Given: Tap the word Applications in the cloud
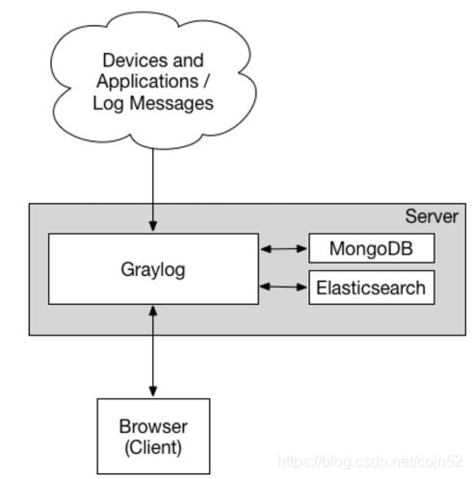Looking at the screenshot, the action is (147, 82).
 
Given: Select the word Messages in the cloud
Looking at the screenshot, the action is (171, 103).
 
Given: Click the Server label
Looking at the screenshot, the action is (432, 216).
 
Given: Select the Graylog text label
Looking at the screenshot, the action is (153, 270).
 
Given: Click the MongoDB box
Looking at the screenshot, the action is (372, 248).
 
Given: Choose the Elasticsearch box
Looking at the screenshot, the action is (372, 288).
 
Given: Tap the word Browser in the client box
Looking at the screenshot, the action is (153, 427).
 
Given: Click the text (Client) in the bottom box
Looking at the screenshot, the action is (153, 447).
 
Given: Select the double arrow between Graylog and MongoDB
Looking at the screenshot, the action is (284, 248).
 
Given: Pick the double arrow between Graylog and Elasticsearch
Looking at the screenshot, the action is (283, 287).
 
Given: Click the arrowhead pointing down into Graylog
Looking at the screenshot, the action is (153, 226).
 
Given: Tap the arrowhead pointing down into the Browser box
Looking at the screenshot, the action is (153, 391).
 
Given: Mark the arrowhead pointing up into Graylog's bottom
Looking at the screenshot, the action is (153, 312).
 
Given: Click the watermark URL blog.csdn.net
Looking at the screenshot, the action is (370, 462).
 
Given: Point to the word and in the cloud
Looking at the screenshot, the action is (188, 60).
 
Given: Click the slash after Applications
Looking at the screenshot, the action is (206, 82).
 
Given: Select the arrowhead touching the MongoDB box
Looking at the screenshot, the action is (302, 248).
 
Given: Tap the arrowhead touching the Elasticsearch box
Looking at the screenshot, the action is (302, 287).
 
